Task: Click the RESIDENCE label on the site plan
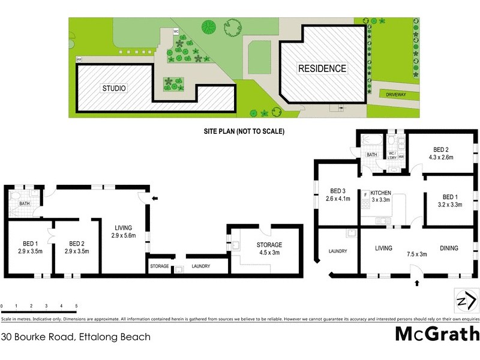322,68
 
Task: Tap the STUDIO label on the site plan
113,88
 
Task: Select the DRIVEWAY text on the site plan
396,94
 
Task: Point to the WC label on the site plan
176,31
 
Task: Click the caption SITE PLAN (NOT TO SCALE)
244,131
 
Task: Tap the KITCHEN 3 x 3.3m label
380,196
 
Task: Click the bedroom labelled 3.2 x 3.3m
451,200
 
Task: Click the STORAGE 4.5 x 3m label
269,248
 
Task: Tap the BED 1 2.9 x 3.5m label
29,247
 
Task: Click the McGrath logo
437,334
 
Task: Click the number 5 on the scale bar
76,306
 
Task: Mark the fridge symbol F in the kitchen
365,194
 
